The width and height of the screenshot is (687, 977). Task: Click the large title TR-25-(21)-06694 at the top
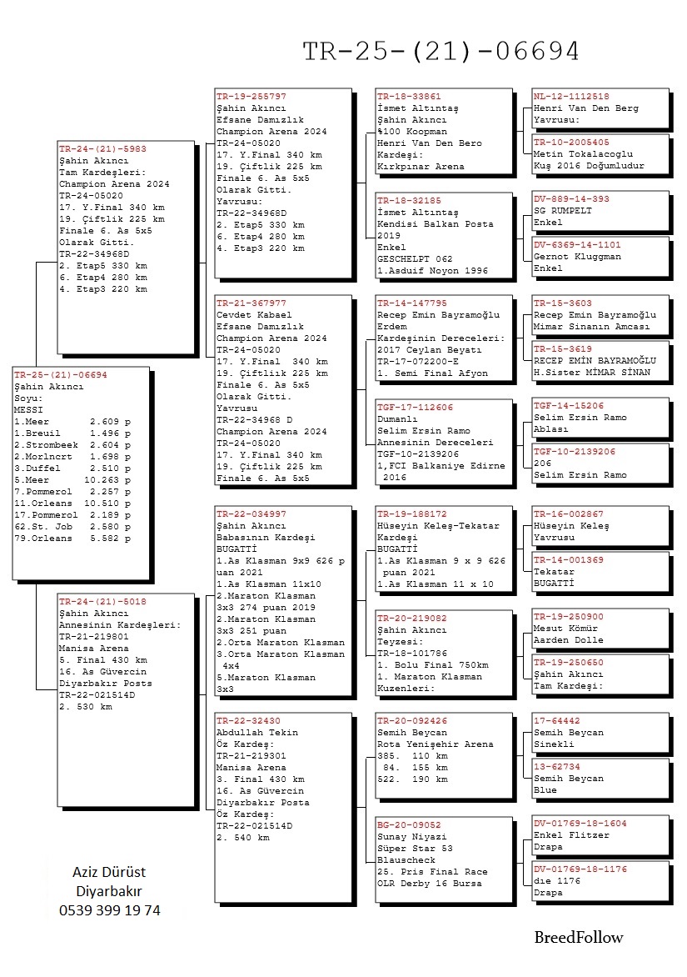pos(441,52)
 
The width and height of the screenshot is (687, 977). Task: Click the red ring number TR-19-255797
pos(251,97)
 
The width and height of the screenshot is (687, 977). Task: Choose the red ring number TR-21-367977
pos(251,303)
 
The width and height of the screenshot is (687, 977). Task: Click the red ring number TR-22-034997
pos(251,514)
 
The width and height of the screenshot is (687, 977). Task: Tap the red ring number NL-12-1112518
pos(571,97)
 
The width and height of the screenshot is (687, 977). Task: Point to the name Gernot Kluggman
pos(577,257)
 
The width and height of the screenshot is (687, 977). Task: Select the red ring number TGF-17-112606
pos(416,407)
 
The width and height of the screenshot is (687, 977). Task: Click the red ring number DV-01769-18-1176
pos(580,869)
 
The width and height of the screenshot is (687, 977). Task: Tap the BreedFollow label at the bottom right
pos(578,937)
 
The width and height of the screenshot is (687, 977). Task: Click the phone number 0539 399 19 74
pos(110,910)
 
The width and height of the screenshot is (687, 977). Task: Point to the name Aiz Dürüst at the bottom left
pos(110,872)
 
